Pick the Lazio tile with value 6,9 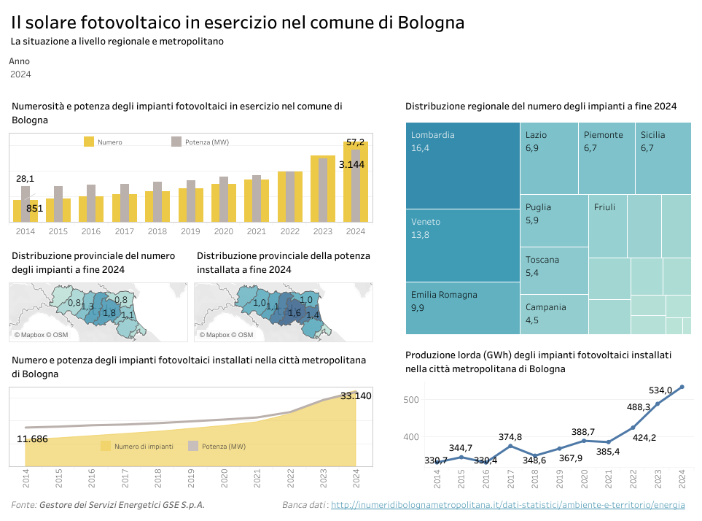pos(550,158)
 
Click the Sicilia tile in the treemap pos(663,158)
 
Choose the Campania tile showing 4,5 pos(553,314)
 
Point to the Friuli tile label pos(604,207)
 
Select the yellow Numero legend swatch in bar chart pos(89,142)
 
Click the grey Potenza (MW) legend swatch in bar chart pos(176,142)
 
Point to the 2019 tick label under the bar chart pos(190,231)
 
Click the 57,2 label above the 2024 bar pos(355,142)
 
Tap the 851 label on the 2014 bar pos(35,209)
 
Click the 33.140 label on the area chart pos(356,396)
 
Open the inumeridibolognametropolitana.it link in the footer pos(507,505)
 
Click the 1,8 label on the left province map pos(109,313)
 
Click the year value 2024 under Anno pos(20,74)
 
